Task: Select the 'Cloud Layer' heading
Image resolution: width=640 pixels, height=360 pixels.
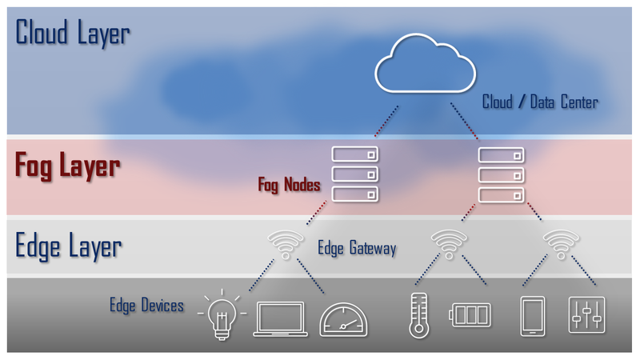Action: click(73, 34)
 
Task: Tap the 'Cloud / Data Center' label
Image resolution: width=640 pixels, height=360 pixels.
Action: click(540, 102)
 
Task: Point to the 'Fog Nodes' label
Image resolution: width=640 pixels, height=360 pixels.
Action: click(289, 185)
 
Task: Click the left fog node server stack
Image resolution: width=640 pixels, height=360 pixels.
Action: click(354, 173)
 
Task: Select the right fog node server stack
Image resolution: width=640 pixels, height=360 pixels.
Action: click(501, 173)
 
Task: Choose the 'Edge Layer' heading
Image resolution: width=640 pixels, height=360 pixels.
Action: click(69, 246)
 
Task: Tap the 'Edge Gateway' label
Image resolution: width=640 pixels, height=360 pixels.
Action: click(357, 248)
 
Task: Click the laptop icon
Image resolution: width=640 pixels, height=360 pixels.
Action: click(280, 319)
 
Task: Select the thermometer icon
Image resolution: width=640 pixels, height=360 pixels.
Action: click(416, 316)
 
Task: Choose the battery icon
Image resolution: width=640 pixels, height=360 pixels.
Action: click(470, 315)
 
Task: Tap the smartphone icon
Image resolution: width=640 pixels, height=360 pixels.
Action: click(533, 316)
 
